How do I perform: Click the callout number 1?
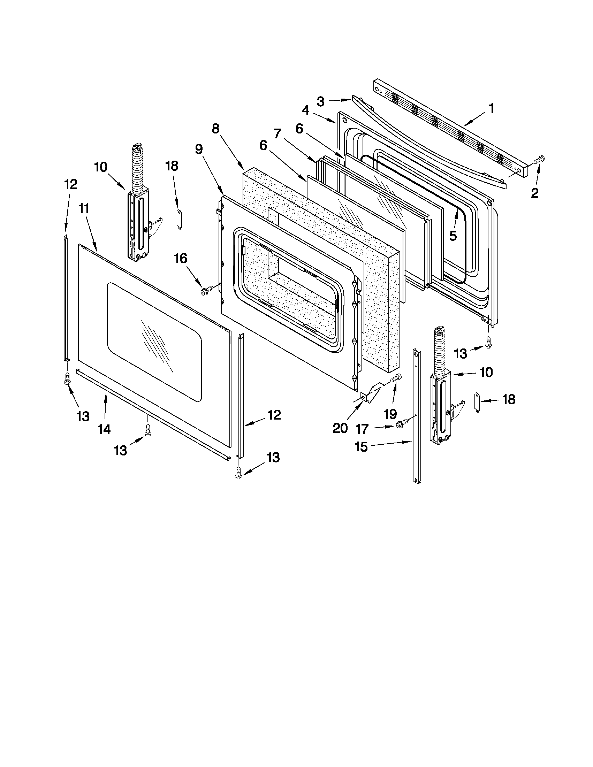tap(491, 108)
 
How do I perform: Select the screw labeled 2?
tap(539, 160)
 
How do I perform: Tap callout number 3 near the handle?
tap(320, 101)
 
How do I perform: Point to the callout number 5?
tap(453, 236)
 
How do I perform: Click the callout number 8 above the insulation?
tap(215, 129)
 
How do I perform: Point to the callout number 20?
tap(340, 428)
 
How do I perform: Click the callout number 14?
tap(104, 429)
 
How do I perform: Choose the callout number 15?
tap(361, 447)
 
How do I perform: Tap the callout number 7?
tap(278, 133)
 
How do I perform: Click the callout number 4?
tap(305, 110)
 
